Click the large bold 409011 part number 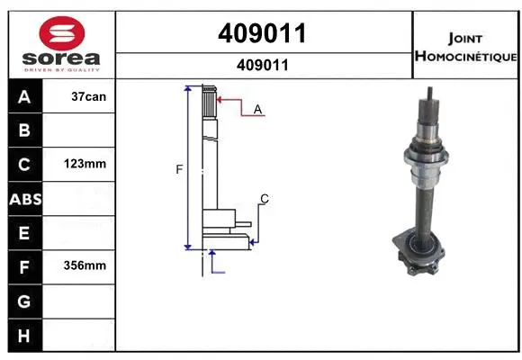click(262, 33)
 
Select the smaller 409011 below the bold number click(262, 65)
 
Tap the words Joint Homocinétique click(464, 48)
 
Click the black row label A click(24, 96)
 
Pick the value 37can click(87, 96)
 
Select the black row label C click(24, 165)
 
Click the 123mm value click(87, 165)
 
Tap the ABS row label click(24, 199)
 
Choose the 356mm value click(87, 266)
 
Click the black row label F click(24, 266)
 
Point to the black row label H click(24, 335)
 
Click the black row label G click(24, 301)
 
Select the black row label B click(24, 130)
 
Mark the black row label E click(24, 233)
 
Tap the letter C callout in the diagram click(264, 198)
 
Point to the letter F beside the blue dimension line click(179, 168)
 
